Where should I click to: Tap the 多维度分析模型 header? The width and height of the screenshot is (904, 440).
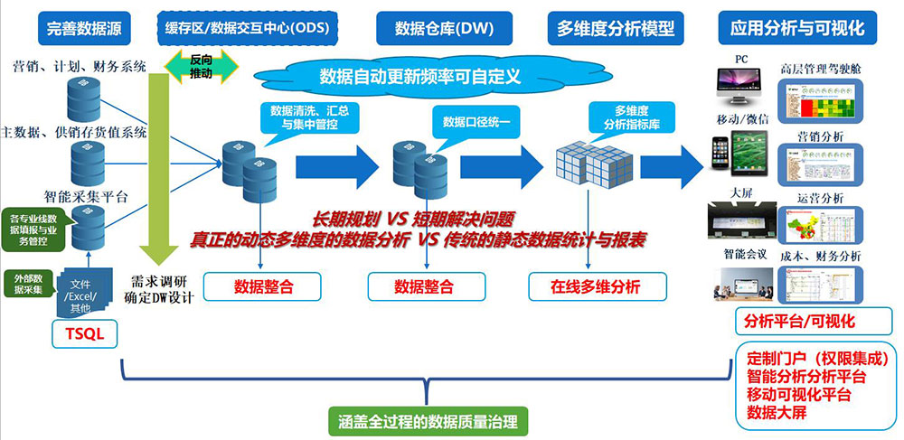[612, 27]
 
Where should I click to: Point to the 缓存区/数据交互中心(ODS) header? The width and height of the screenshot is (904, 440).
[247, 27]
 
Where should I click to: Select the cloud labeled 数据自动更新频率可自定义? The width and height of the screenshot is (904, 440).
[420, 76]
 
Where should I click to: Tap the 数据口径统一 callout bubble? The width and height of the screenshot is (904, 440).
[475, 122]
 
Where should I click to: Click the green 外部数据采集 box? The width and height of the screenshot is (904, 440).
[24, 284]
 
